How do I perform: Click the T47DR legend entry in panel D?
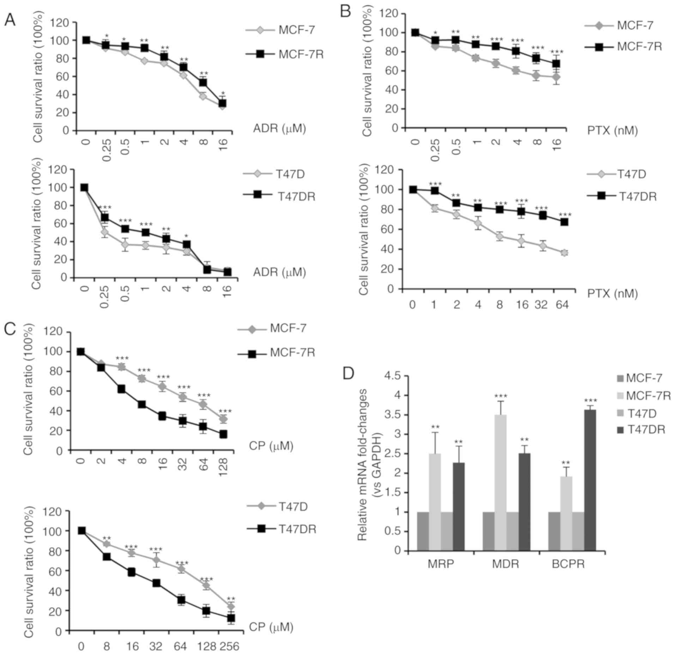tap(641, 429)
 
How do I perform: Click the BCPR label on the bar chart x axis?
tap(568, 564)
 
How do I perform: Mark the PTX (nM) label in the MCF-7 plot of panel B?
tap(613, 131)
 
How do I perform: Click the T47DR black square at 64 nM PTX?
tap(564, 222)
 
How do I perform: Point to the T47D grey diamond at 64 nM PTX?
tap(564, 253)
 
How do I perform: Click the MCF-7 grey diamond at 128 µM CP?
tap(223, 419)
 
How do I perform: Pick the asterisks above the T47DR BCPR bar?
tap(590, 401)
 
